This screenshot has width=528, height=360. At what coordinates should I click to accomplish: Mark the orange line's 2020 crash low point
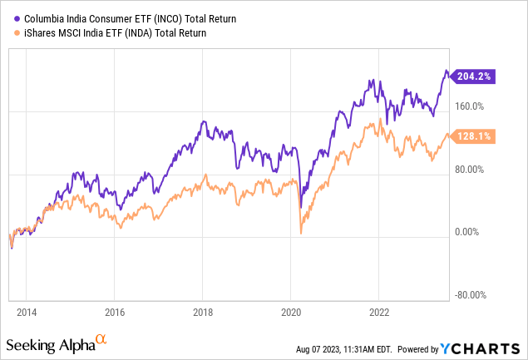(300, 234)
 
